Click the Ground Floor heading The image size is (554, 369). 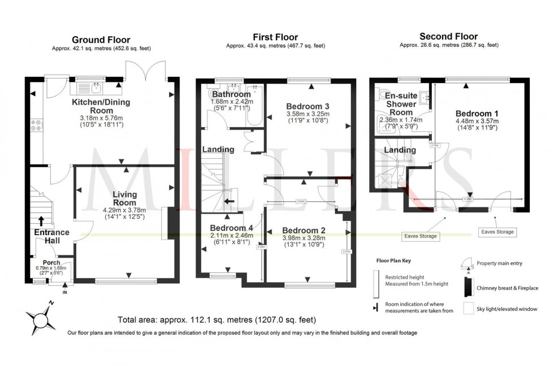(101, 40)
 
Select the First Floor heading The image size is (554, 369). (275, 37)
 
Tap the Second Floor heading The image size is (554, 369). (448, 37)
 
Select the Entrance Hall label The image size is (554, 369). (51, 236)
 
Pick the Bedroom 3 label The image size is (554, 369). (308, 106)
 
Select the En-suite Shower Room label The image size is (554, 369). (401, 104)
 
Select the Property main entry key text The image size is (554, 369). (500, 263)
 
